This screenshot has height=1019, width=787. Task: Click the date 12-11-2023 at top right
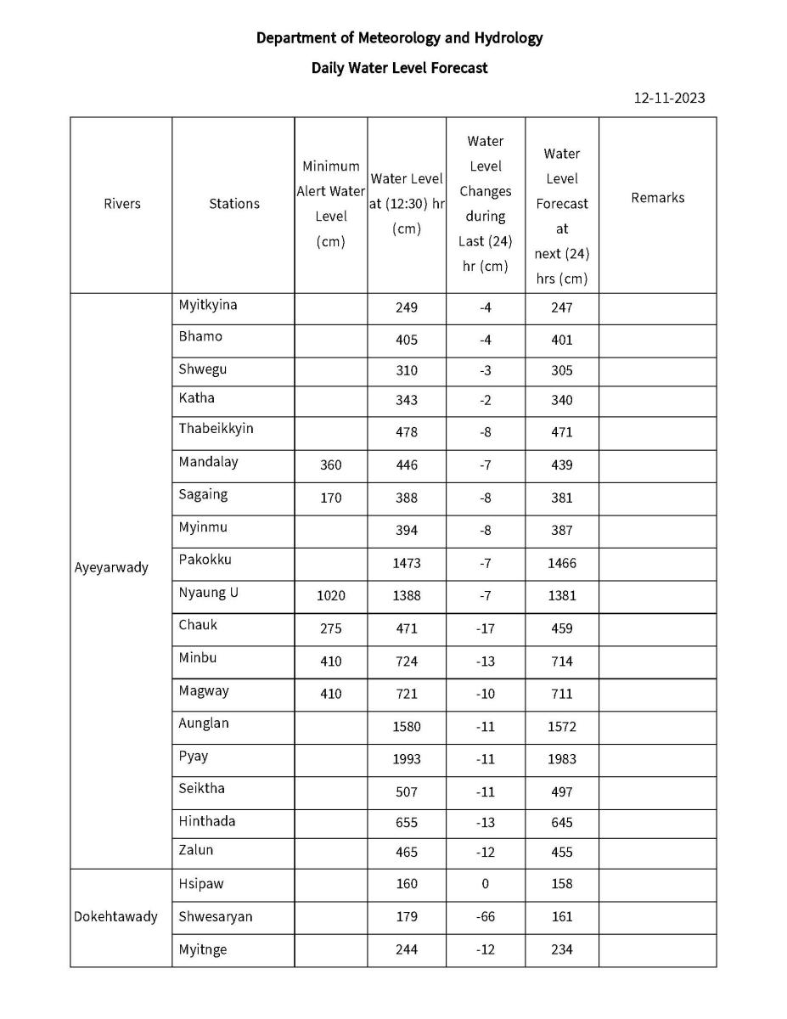pyautogui.click(x=669, y=98)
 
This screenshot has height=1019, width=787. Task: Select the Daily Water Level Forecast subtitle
pyautogui.click(x=399, y=68)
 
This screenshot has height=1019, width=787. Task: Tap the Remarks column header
pyautogui.click(x=657, y=198)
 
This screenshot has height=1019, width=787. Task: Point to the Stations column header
pyautogui.click(x=233, y=204)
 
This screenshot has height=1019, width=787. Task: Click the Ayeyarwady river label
pyautogui.click(x=111, y=567)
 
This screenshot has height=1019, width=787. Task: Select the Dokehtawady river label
pyautogui.click(x=115, y=917)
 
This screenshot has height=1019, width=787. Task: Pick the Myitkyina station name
pyautogui.click(x=208, y=305)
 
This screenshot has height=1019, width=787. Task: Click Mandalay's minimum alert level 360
pyautogui.click(x=330, y=465)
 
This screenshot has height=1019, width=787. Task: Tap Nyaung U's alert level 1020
pyautogui.click(x=330, y=596)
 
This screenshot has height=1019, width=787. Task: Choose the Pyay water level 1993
pyautogui.click(x=407, y=759)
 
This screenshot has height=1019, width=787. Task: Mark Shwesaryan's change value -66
pyautogui.click(x=485, y=917)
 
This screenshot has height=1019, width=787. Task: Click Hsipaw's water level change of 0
pyautogui.click(x=485, y=884)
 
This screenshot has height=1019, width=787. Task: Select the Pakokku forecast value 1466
pyautogui.click(x=561, y=563)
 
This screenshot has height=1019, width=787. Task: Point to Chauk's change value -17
pyautogui.click(x=485, y=629)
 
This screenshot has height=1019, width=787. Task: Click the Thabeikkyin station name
pyautogui.click(x=216, y=429)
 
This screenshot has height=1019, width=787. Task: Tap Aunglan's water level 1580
pyautogui.click(x=407, y=727)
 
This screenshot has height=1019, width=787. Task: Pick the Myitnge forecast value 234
pyautogui.click(x=561, y=950)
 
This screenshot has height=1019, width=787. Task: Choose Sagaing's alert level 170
pyautogui.click(x=330, y=498)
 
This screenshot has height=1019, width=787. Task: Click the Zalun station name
pyautogui.click(x=196, y=850)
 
